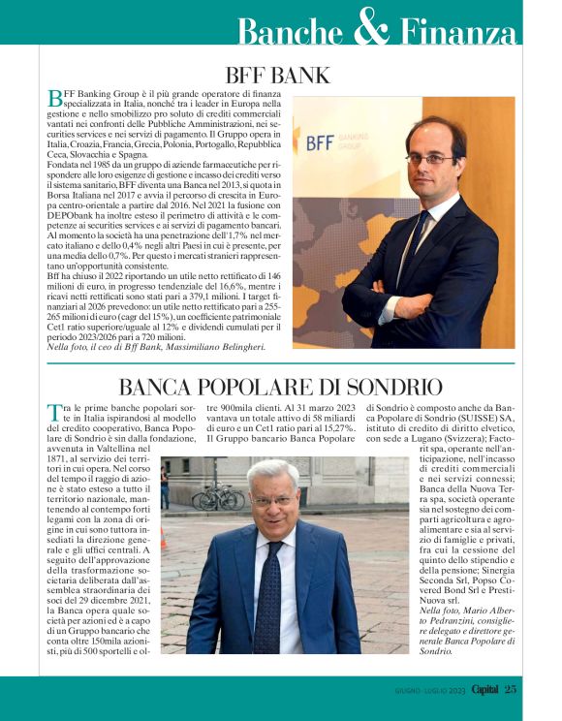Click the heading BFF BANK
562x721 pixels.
pyautogui.click(x=277, y=76)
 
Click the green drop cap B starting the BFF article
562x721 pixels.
pyautogui.click(x=54, y=98)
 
